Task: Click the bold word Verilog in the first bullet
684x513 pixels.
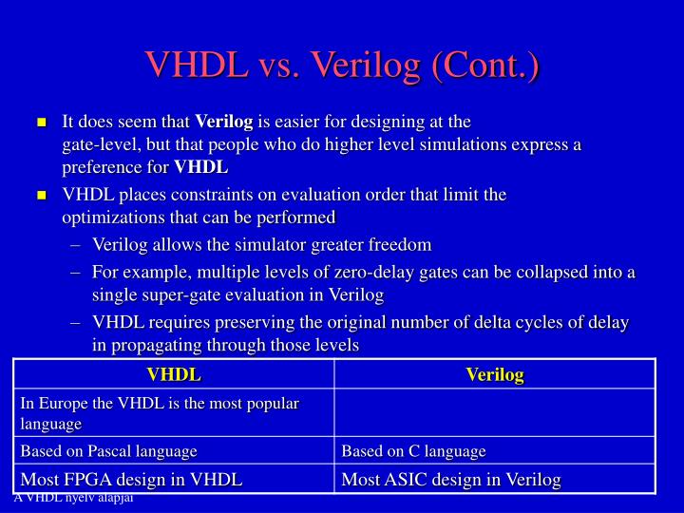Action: (224, 122)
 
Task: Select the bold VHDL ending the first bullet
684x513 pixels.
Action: (200, 167)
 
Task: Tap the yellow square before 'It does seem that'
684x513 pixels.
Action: (42, 123)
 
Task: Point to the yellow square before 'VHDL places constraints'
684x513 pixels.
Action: (42, 195)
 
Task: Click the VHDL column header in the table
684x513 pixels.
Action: (174, 374)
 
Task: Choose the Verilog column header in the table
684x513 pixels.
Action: (495, 374)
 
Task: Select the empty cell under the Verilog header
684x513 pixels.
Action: (495, 412)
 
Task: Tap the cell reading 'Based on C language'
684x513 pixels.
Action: (413, 451)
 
